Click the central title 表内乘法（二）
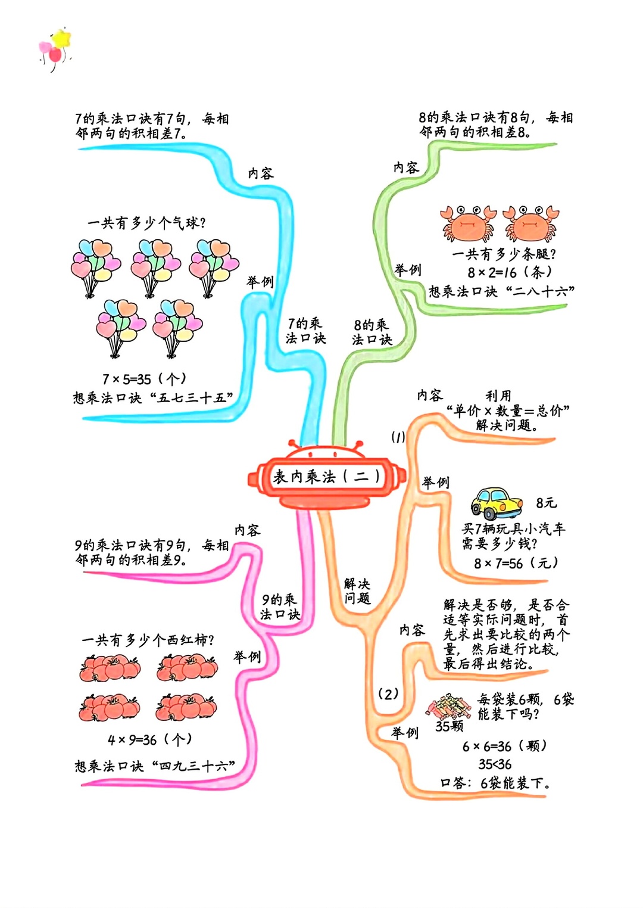pyautogui.click(x=327, y=476)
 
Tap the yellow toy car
pyautogui.click(x=497, y=504)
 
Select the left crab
pyautogui.click(x=469, y=223)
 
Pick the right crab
pyautogui.click(x=530, y=223)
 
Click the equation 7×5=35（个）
pyautogui.click(x=144, y=379)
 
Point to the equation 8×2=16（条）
pyautogui.click(x=510, y=272)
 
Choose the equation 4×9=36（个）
pyautogui.click(x=150, y=740)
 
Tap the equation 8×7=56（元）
pyautogui.click(x=517, y=562)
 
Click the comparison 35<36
pyautogui.click(x=495, y=764)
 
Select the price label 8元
pyautogui.click(x=547, y=503)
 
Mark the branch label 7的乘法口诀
pyautogui.click(x=305, y=331)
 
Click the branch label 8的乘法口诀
pyautogui.click(x=372, y=332)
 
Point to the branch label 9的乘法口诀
pyautogui.click(x=280, y=607)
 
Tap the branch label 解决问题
pyautogui.click(x=357, y=591)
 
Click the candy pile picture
pyautogui.click(x=448, y=706)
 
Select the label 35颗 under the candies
pyautogui.click(x=450, y=726)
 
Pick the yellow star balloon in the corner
pyautogui.click(x=62, y=39)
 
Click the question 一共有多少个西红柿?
pyautogui.click(x=148, y=640)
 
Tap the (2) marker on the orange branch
pyautogui.click(x=388, y=694)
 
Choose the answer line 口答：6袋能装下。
pyautogui.click(x=495, y=783)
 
